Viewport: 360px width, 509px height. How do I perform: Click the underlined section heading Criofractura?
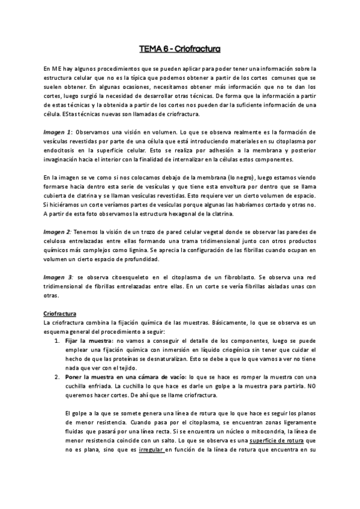pos(64,313)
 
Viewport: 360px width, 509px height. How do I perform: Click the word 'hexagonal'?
pos(170,215)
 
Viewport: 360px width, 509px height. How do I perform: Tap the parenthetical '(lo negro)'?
pos(244,178)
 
